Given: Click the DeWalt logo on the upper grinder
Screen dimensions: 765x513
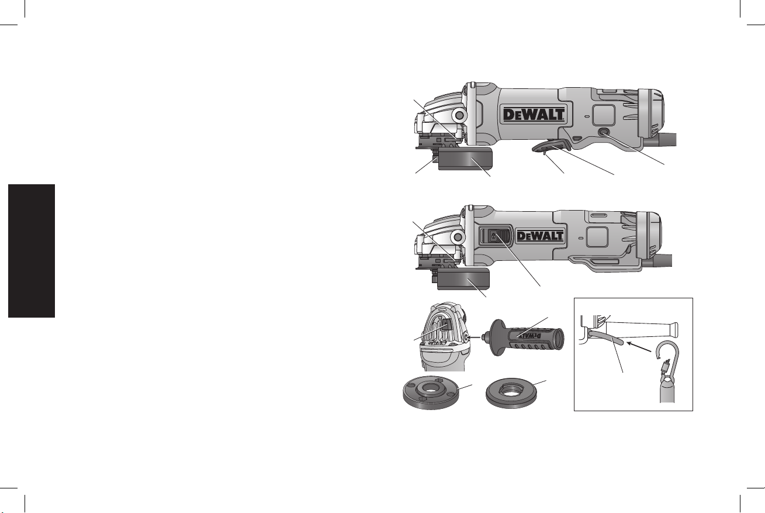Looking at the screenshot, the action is point(534,115).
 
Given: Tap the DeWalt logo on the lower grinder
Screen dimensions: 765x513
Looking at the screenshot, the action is point(539,236).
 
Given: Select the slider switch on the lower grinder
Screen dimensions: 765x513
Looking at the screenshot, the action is point(495,236).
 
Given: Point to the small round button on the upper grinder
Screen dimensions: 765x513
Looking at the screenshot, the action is point(605,132).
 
